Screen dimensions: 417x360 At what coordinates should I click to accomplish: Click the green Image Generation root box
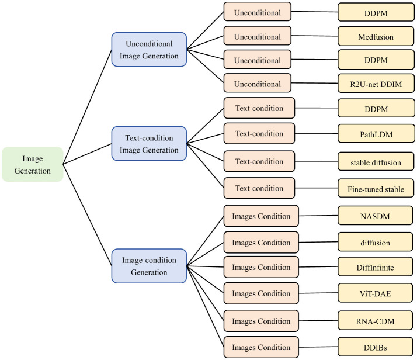tap(33, 164)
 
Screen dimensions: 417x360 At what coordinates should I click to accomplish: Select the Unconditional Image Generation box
tap(149, 50)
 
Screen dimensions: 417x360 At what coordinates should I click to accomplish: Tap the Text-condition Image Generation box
tap(149, 144)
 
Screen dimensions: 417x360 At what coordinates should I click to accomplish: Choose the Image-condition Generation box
tap(149, 266)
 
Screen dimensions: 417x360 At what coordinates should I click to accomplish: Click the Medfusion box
tap(376, 36)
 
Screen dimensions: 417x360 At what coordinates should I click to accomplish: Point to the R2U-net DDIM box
tap(376, 84)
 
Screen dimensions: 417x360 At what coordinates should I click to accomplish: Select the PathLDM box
tap(376, 134)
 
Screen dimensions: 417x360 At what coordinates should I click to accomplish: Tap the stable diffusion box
tap(376, 161)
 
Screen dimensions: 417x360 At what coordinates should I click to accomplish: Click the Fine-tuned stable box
tap(376, 188)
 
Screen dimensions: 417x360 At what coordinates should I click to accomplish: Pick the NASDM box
tap(376, 216)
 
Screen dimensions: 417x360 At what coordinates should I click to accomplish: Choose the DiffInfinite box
tap(376, 266)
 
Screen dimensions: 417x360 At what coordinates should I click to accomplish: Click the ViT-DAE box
tap(376, 293)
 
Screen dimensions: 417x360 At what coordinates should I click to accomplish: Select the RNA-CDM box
tap(376, 320)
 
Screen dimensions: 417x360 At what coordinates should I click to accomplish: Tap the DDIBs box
tap(376, 347)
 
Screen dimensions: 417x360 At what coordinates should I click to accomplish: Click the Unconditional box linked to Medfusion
tap(258, 36)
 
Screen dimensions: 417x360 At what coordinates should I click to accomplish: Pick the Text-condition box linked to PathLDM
tap(259, 133)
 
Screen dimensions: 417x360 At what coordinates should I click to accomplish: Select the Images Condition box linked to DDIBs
tap(261, 347)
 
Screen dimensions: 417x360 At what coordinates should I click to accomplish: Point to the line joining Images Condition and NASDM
tap(318, 216)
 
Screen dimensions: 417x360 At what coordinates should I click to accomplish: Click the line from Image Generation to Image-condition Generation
tap(88, 215)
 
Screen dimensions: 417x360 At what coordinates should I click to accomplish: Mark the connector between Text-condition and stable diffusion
tap(316, 161)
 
